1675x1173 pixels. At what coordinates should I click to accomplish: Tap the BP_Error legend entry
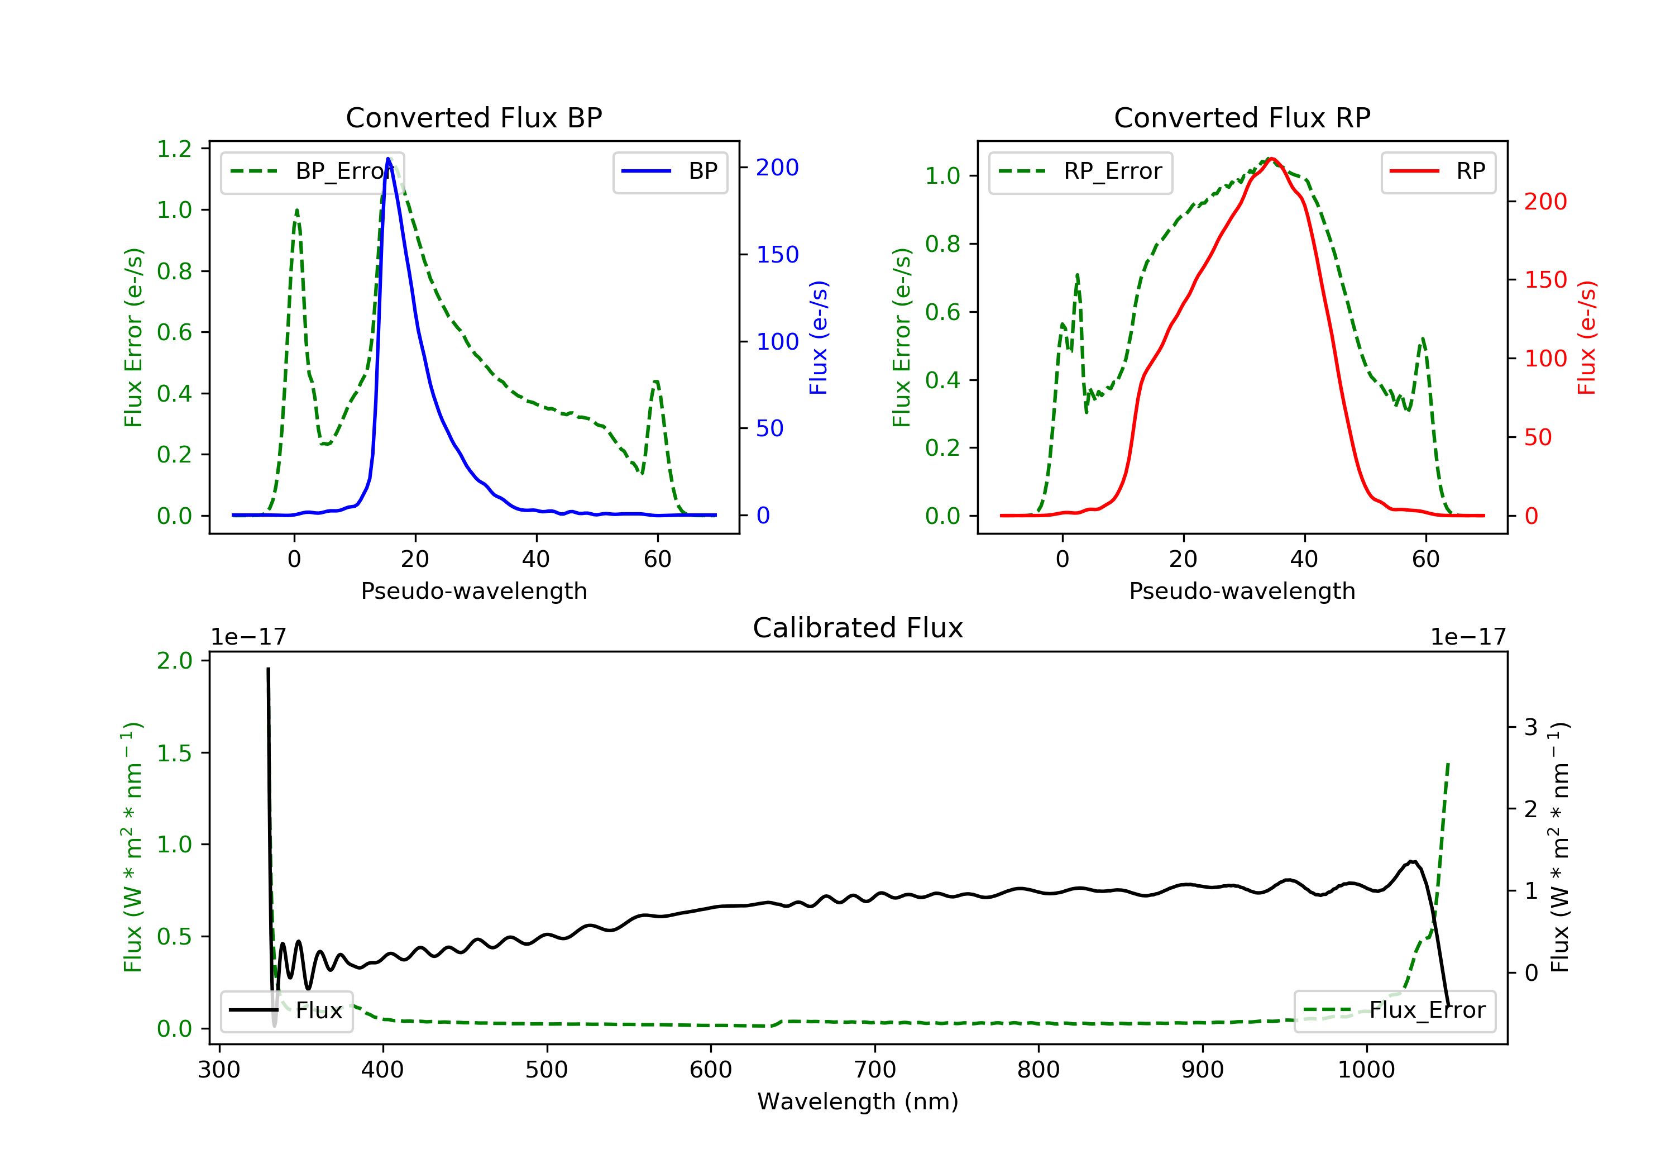[312, 172]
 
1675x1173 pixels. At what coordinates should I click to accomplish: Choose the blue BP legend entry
[669, 172]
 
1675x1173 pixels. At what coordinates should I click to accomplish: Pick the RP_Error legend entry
[1080, 172]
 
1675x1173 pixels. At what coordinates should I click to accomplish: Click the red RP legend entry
[1438, 172]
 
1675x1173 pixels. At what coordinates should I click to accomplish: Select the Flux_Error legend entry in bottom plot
[1394, 1011]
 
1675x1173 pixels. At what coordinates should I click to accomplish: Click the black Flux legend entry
[287, 1011]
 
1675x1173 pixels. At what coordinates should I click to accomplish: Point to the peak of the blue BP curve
[388, 159]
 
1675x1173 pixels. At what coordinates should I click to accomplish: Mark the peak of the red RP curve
[1271, 159]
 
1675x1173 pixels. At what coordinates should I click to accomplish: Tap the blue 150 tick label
[777, 255]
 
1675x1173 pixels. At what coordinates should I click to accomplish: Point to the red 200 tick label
[1545, 202]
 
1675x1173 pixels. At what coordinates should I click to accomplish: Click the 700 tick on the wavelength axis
[875, 1070]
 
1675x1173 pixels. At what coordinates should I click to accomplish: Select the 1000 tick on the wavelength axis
[1366, 1070]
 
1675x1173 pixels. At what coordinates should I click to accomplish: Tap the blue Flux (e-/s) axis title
[819, 338]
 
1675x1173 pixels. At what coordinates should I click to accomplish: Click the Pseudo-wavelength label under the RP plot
[1242, 591]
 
